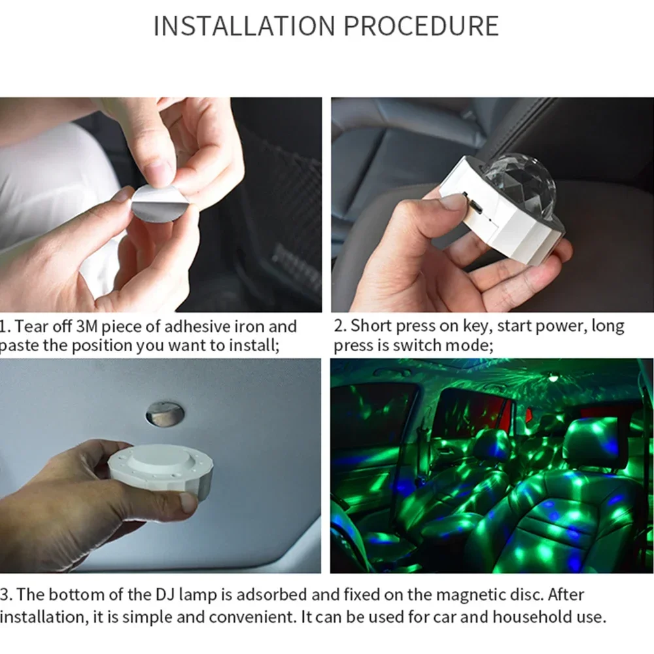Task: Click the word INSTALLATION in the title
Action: pyautogui.click(x=245, y=26)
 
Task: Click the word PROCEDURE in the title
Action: pyautogui.click(x=421, y=26)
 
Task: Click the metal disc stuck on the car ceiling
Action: pyautogui.click(x=165, y=414)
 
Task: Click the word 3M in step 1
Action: pyautogui.click(x=86, y=326)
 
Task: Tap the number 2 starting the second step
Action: pyautogui.click(x=339, y=326)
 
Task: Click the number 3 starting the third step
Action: pyautogui.click(x=4, y=594)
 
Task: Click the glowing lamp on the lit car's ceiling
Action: pyautogui.click(x=553, y=378)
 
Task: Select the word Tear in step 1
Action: pyautogui.click(x=31, y=326)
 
